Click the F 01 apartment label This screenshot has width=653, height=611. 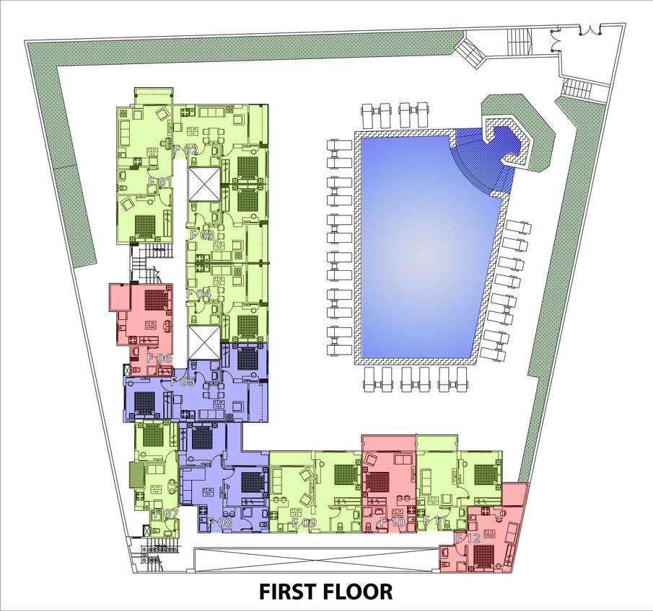[x=160, y=182]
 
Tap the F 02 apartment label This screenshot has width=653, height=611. [x=185, y=150]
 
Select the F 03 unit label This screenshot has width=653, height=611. [x=202, y=235]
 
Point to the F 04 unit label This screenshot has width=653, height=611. [x=198, y=294]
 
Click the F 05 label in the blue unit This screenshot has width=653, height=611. [x=183, y=382]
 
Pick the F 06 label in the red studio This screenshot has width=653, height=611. [x=159, y=358]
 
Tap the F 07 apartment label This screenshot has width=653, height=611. [x=166, y=514]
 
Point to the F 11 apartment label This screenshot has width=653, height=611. [x=436, y=521]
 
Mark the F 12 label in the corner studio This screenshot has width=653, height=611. [x=468, y=538]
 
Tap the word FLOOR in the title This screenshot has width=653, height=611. [x=359, y=592]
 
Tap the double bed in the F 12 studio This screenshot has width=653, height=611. [x=484, y=555]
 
